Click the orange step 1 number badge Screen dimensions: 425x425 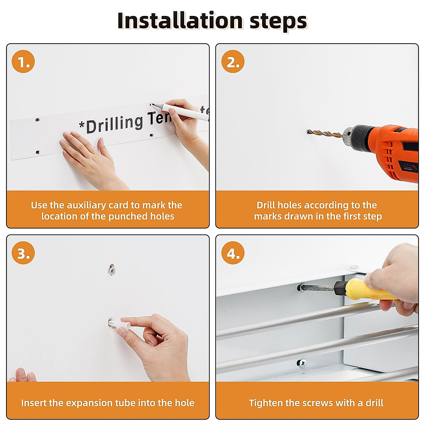click(23, 61)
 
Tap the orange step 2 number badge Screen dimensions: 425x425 click(233, 61)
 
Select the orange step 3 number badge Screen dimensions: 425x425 click(23, 253)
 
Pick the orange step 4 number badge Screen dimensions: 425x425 click(233, 253)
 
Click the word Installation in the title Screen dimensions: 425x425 click(180, 21)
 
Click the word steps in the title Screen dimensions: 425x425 click(278, 22)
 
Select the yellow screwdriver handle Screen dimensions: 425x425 click(370, 290)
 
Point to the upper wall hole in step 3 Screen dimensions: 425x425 click(112, 270)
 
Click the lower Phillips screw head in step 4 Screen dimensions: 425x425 click(301, 363)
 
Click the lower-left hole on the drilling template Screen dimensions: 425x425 click(38, 152)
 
